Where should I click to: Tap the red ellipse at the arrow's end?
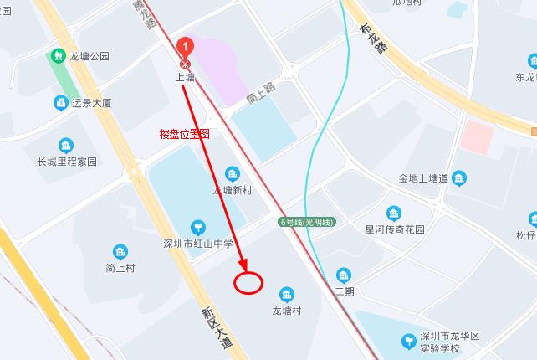pos(248,283)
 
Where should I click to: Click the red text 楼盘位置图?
pos(184,134)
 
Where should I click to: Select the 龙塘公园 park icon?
pos(58,56)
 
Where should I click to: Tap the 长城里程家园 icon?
pos(66,146)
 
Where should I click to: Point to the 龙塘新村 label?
pos(232,190)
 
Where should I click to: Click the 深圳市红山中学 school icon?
pos(198,226)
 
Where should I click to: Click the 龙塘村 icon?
pos(287,294)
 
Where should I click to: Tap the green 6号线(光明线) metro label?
pos(307,222)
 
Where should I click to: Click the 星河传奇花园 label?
pos(396,229)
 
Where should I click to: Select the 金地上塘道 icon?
pos(459,177)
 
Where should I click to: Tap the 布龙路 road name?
pos(374,38)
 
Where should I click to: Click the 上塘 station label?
pos(185,76)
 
